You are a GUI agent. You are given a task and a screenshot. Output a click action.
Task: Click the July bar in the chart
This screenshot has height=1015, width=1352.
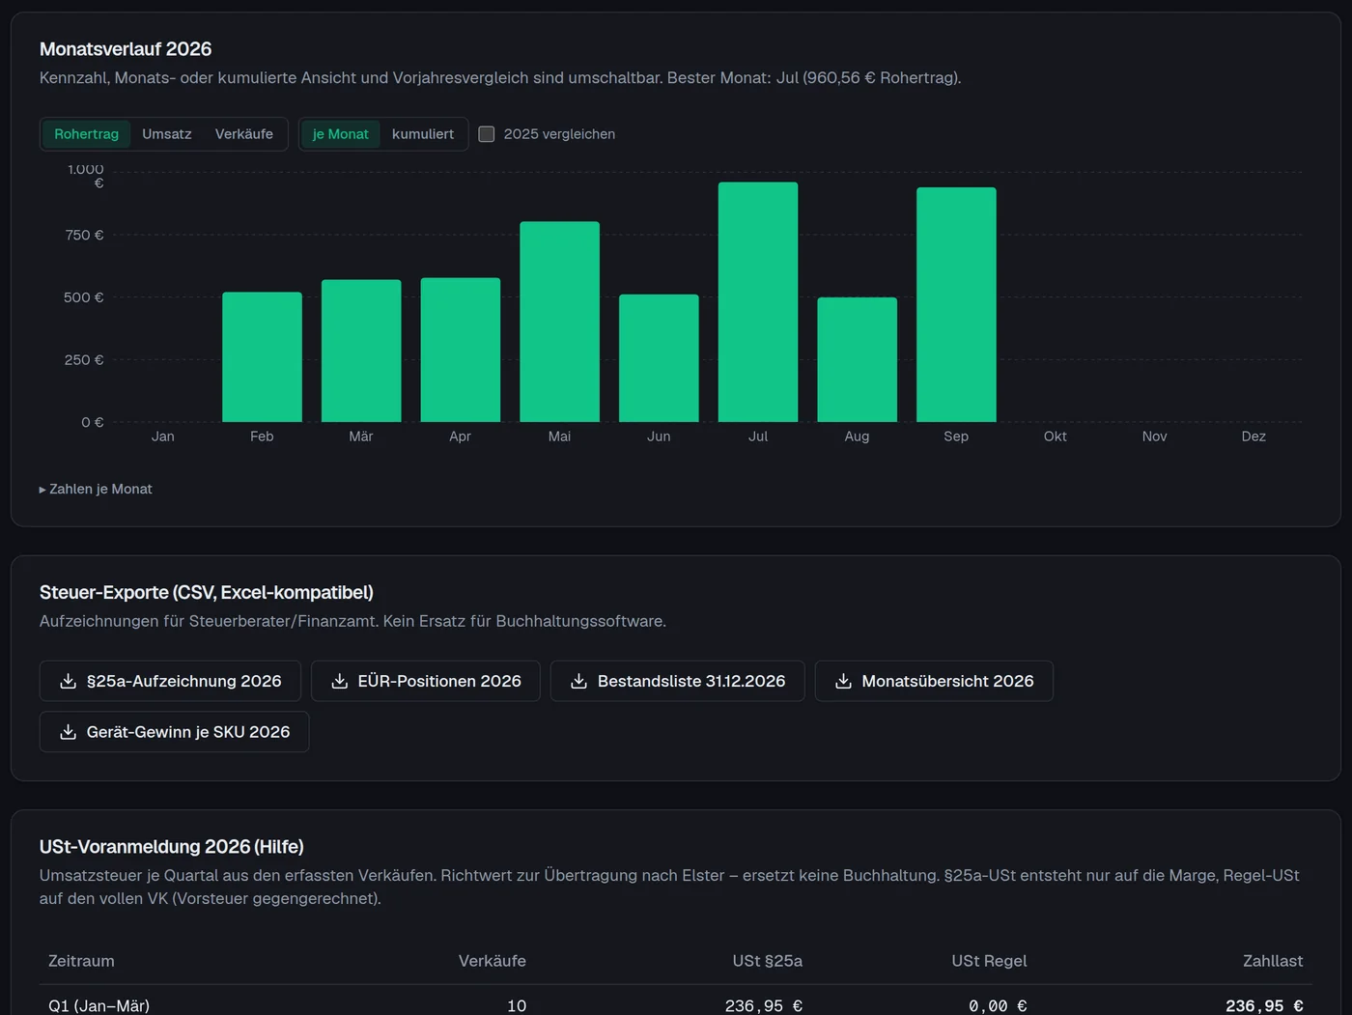coord(758,301)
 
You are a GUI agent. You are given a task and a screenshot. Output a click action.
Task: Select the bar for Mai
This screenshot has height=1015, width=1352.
coord(559,322)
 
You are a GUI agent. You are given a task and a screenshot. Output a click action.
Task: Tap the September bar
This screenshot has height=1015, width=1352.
coord(956,304)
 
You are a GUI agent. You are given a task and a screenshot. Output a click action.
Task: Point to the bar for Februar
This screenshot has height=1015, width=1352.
coord(262,356)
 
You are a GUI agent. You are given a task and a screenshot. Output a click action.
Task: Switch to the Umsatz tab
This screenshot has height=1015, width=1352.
coord(167,133)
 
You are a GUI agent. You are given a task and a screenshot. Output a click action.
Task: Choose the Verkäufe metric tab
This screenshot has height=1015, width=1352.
coord(244,133)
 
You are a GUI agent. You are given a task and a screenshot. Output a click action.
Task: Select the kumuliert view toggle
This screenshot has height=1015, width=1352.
coord(423,133)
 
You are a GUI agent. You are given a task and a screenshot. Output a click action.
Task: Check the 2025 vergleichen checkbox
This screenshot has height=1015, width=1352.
coord(487,133)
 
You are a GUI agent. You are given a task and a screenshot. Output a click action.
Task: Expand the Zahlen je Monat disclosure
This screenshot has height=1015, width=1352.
coord(96,489)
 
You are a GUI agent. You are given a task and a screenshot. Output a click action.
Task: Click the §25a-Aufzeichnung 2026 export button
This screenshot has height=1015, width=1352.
coord(170,681)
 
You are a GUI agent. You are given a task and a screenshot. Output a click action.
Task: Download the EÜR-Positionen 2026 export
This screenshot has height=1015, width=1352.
coord(426,681)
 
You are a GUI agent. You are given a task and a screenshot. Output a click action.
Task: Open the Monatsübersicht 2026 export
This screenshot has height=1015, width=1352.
coord(934,681)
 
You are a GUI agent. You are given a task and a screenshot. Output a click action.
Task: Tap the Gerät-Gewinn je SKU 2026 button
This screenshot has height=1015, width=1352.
coord(175,732)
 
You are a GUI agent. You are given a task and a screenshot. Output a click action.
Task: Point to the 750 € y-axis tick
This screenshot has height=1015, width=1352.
coord(84,235)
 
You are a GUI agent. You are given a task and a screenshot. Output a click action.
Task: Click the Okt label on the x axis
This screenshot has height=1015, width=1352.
coord(1056,437)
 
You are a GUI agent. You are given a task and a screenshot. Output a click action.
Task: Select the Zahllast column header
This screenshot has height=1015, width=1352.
coord(1273,961)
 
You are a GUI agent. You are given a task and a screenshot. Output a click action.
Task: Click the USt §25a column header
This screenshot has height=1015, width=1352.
coord(767,961)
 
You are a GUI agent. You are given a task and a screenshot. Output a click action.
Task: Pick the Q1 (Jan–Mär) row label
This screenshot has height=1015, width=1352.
coord(99,1005)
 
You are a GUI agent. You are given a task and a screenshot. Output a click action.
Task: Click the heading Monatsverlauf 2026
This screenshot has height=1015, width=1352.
coord(126,48)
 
